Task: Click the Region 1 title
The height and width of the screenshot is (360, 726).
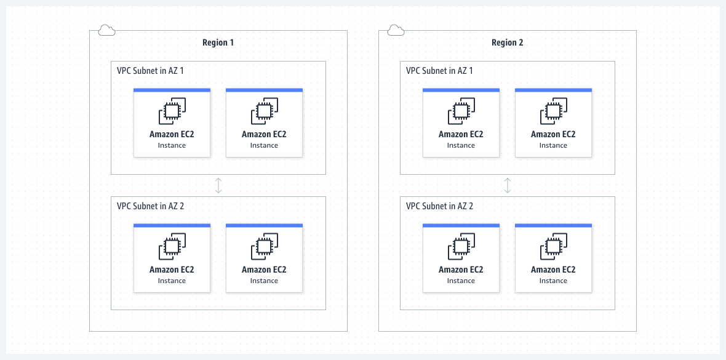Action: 218,42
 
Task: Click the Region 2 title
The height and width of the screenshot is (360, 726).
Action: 507,42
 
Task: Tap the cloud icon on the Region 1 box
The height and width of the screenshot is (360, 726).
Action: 106,30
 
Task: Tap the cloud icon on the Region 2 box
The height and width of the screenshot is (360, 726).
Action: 396,30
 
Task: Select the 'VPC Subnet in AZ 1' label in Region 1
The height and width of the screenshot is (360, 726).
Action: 150,71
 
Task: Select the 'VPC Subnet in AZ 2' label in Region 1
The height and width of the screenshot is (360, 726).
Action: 150,206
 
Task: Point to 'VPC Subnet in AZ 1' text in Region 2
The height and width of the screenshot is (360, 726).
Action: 439,71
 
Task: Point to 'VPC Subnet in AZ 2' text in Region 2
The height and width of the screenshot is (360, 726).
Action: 439,206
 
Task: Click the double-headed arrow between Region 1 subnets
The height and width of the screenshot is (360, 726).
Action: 218,185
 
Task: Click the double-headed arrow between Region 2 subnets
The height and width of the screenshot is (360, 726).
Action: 507,185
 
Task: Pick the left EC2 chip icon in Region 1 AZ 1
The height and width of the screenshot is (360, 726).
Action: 172,111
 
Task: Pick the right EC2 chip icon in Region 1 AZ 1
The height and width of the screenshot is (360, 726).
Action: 264,111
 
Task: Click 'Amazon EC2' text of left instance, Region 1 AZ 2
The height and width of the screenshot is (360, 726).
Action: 172,270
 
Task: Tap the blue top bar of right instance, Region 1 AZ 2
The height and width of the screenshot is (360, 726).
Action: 264,226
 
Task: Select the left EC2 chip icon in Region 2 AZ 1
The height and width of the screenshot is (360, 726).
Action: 461,111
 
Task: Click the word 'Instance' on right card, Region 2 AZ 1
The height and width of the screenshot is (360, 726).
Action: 553,145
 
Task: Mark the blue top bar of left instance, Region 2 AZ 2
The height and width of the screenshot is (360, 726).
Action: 461,226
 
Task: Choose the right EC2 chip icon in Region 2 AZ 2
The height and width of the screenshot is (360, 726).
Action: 553,247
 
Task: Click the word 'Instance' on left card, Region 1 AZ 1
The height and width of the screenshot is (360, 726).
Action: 172,145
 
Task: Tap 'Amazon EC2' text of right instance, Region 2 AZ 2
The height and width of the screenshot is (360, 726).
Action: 553,270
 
